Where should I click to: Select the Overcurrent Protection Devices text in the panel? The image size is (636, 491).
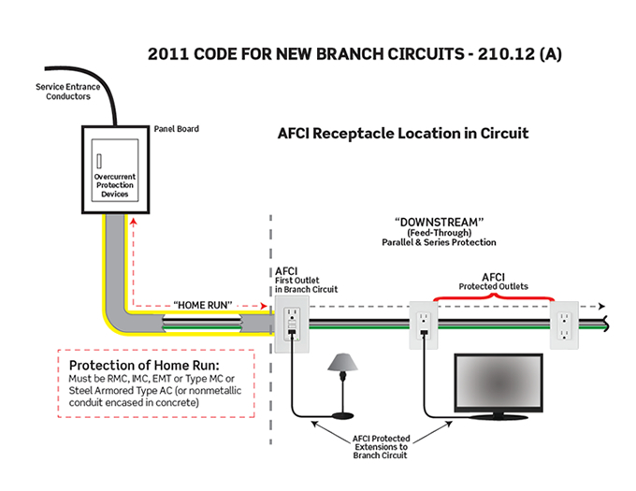115,184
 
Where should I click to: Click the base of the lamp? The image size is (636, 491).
344,415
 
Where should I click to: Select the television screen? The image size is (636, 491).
498,382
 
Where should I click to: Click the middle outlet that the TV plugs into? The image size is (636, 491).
423,324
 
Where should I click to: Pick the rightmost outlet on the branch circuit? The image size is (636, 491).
565,324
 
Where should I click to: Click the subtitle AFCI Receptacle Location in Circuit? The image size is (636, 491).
403,133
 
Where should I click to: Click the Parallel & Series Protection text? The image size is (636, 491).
439,242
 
